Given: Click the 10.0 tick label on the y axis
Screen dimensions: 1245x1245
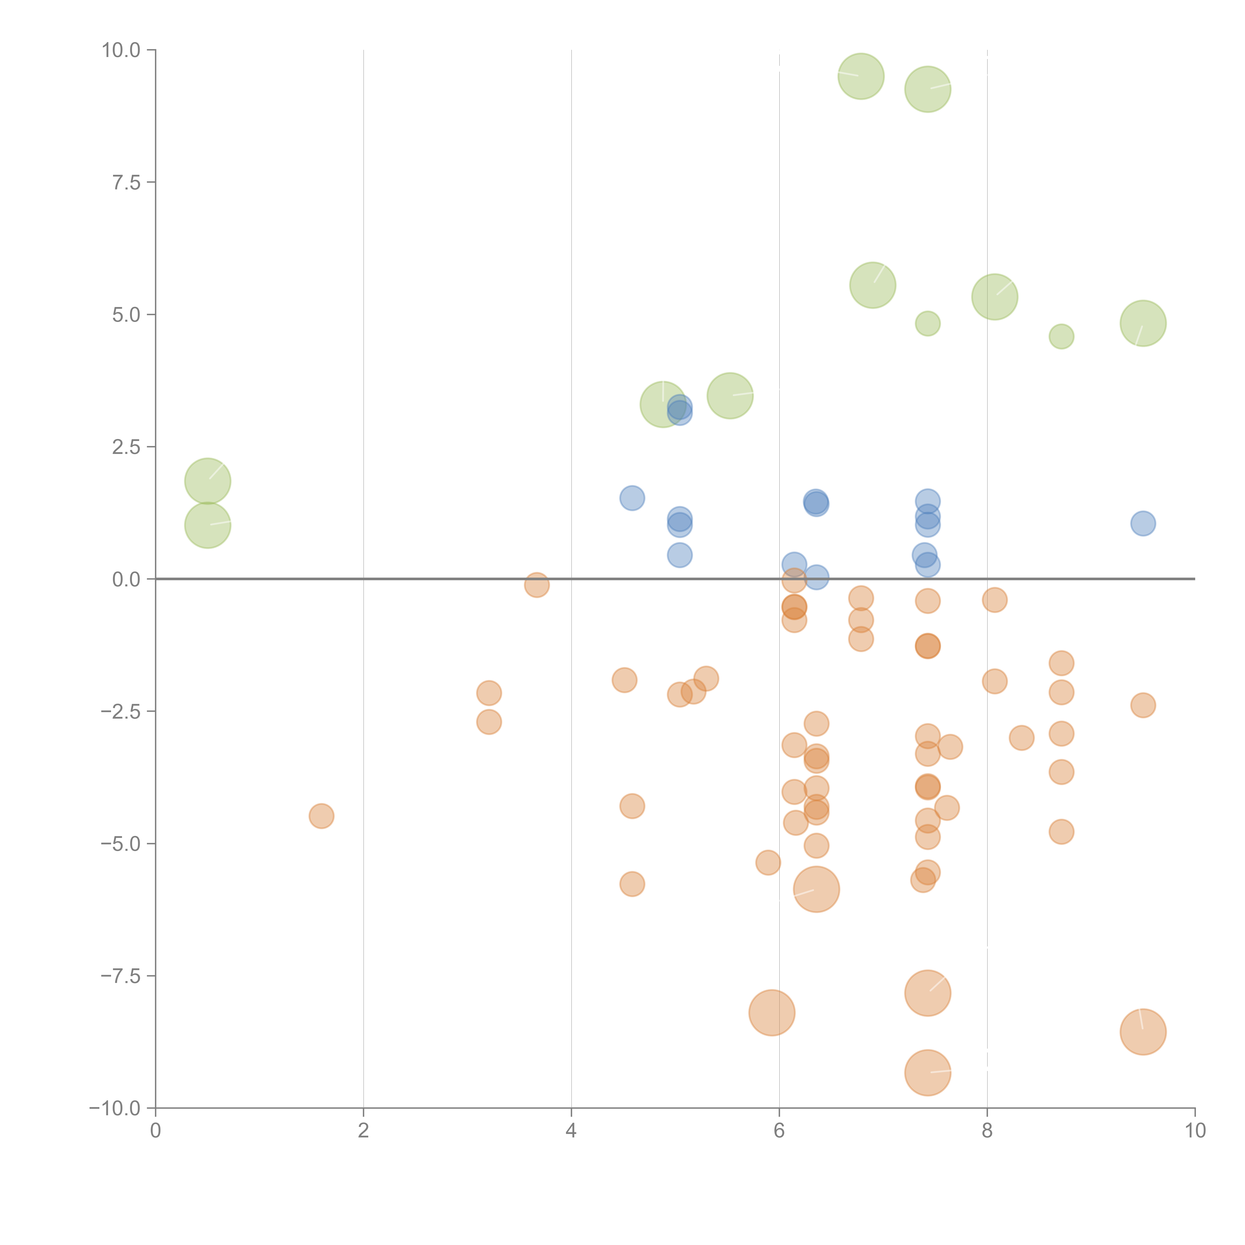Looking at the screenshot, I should click(x=121, y=50).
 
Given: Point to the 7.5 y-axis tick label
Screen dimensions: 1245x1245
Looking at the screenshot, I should click(x=126, y=182).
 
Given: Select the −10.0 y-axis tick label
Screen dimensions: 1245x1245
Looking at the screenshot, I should click(x=116, y=1108).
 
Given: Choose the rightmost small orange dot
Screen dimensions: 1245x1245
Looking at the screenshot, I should click(x=1143, y=705).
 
